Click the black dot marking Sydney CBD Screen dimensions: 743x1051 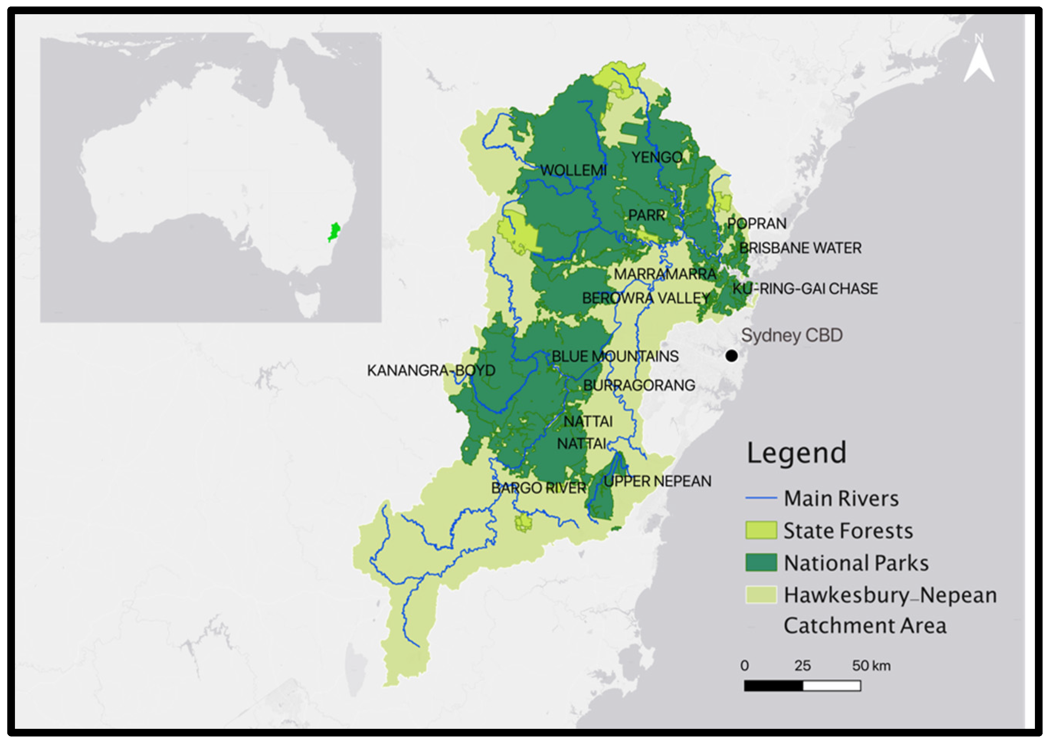732,355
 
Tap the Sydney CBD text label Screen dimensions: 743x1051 791,335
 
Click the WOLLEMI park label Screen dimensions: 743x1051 573,170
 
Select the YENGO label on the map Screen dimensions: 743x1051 657,158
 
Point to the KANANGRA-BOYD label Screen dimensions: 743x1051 431,370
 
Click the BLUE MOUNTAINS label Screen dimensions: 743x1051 615,357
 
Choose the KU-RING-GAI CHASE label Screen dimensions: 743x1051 805,289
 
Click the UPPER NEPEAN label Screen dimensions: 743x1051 657,482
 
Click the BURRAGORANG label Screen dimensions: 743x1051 639,386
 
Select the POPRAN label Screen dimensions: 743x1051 757,224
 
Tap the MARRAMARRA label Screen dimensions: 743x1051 665,275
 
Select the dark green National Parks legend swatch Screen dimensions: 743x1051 761,562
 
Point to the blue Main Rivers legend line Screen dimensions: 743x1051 761,498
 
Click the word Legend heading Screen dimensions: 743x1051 797,453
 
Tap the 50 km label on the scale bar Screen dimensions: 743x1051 871,666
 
